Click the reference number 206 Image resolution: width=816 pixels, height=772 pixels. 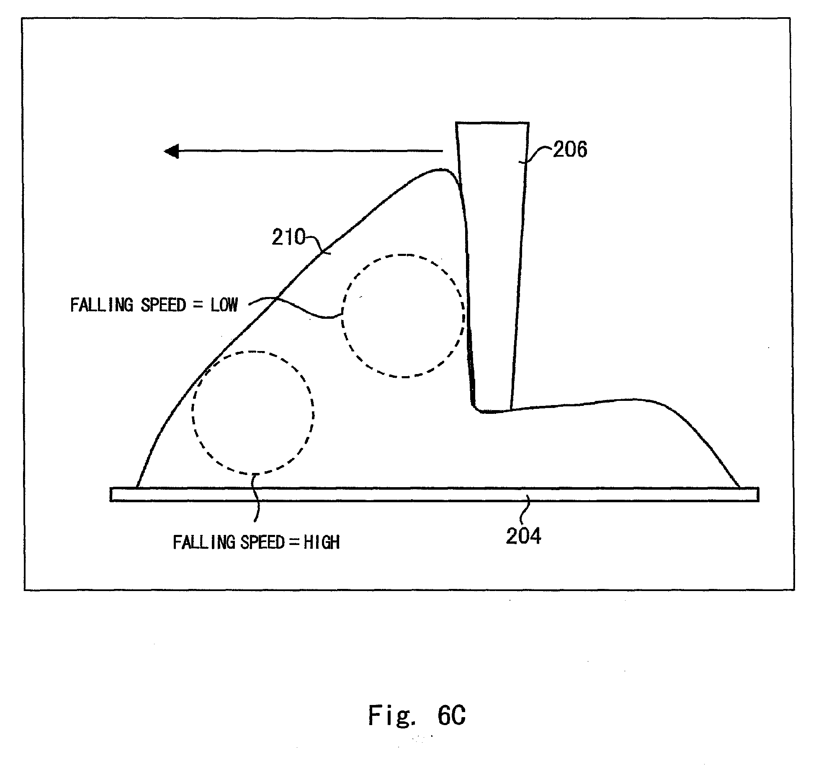click(x=570, y=150)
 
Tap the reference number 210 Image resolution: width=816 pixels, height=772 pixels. click(x=288, y=238)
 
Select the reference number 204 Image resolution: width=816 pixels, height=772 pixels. click(x=523, y=536)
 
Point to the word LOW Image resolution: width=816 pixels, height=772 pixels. click(x=224, y=305)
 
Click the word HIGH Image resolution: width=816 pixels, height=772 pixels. click(x=321, y=542)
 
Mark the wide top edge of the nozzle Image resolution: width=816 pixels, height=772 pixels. click(x=492, y=123)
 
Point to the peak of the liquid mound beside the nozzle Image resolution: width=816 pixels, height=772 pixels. click(x=440, y=170)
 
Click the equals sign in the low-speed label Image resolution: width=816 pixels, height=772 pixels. click(x=198, y=305)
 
